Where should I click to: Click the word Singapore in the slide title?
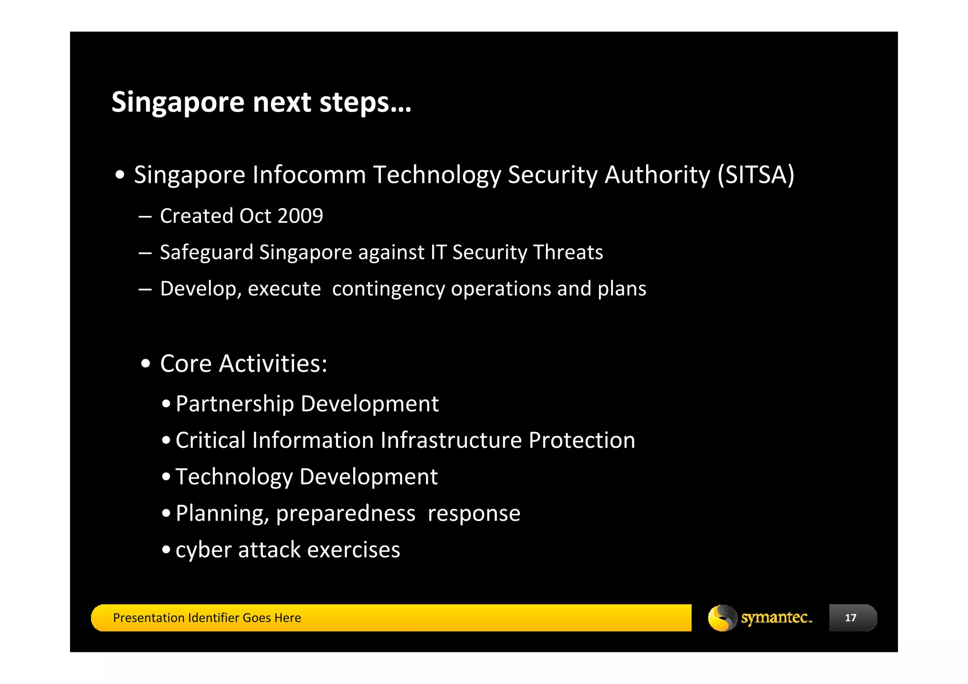178,103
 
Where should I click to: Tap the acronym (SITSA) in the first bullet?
756,175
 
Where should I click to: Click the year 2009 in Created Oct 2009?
300,216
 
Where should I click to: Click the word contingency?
388,289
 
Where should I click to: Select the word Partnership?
234,404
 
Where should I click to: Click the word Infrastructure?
451,440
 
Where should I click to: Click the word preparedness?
346,513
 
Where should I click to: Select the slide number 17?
850,618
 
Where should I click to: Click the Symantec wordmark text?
776,617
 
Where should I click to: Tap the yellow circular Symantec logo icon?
722,618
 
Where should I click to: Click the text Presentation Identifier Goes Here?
207,618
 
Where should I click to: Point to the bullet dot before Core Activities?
146,364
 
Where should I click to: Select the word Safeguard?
207,252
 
